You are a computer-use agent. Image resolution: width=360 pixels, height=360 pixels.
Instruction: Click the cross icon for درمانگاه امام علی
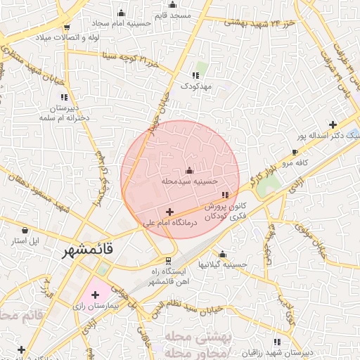pyautogui.click(x=169, y=211)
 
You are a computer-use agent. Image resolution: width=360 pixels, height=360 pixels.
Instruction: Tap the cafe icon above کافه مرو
pyautogui.click(x=295, y=152)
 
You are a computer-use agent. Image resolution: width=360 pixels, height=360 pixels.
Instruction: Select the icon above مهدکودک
pyautogui.click(x=195, y=75)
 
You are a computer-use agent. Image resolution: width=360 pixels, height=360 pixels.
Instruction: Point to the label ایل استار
pyautogui.click(x=26, y=240)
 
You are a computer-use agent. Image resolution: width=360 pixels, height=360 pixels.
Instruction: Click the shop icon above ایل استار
pyautogui.click(x=25, y=230)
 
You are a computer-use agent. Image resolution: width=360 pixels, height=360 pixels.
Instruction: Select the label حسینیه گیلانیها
pyautogui.click(x=223, y=264)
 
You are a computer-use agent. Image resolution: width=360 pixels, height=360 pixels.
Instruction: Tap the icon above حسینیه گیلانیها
pyautogui.click(x=223, y=254)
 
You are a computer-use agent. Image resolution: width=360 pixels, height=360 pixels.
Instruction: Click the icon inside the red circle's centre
pyautogui.click(x=188, y=171)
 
